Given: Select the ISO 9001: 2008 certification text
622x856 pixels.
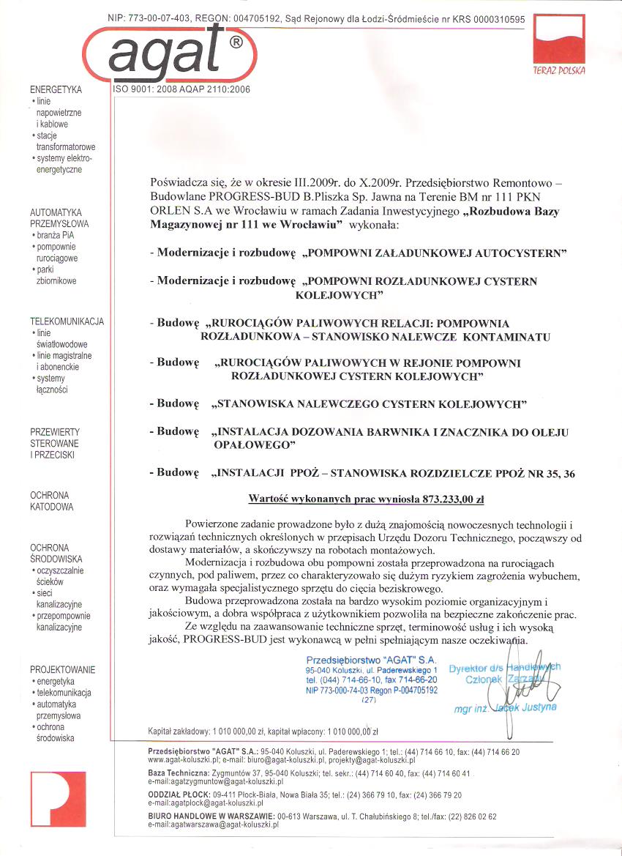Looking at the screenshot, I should (181, 89).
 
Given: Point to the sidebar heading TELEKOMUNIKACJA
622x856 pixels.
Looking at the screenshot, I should (67, 321).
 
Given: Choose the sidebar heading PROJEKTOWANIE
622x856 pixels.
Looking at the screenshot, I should (63, 669).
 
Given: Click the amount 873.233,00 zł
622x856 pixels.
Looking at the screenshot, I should (453, 499).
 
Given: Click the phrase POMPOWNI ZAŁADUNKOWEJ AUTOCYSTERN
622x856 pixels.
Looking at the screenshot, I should (439, 253).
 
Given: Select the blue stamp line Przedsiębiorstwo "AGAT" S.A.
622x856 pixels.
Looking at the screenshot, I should (371, 660).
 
